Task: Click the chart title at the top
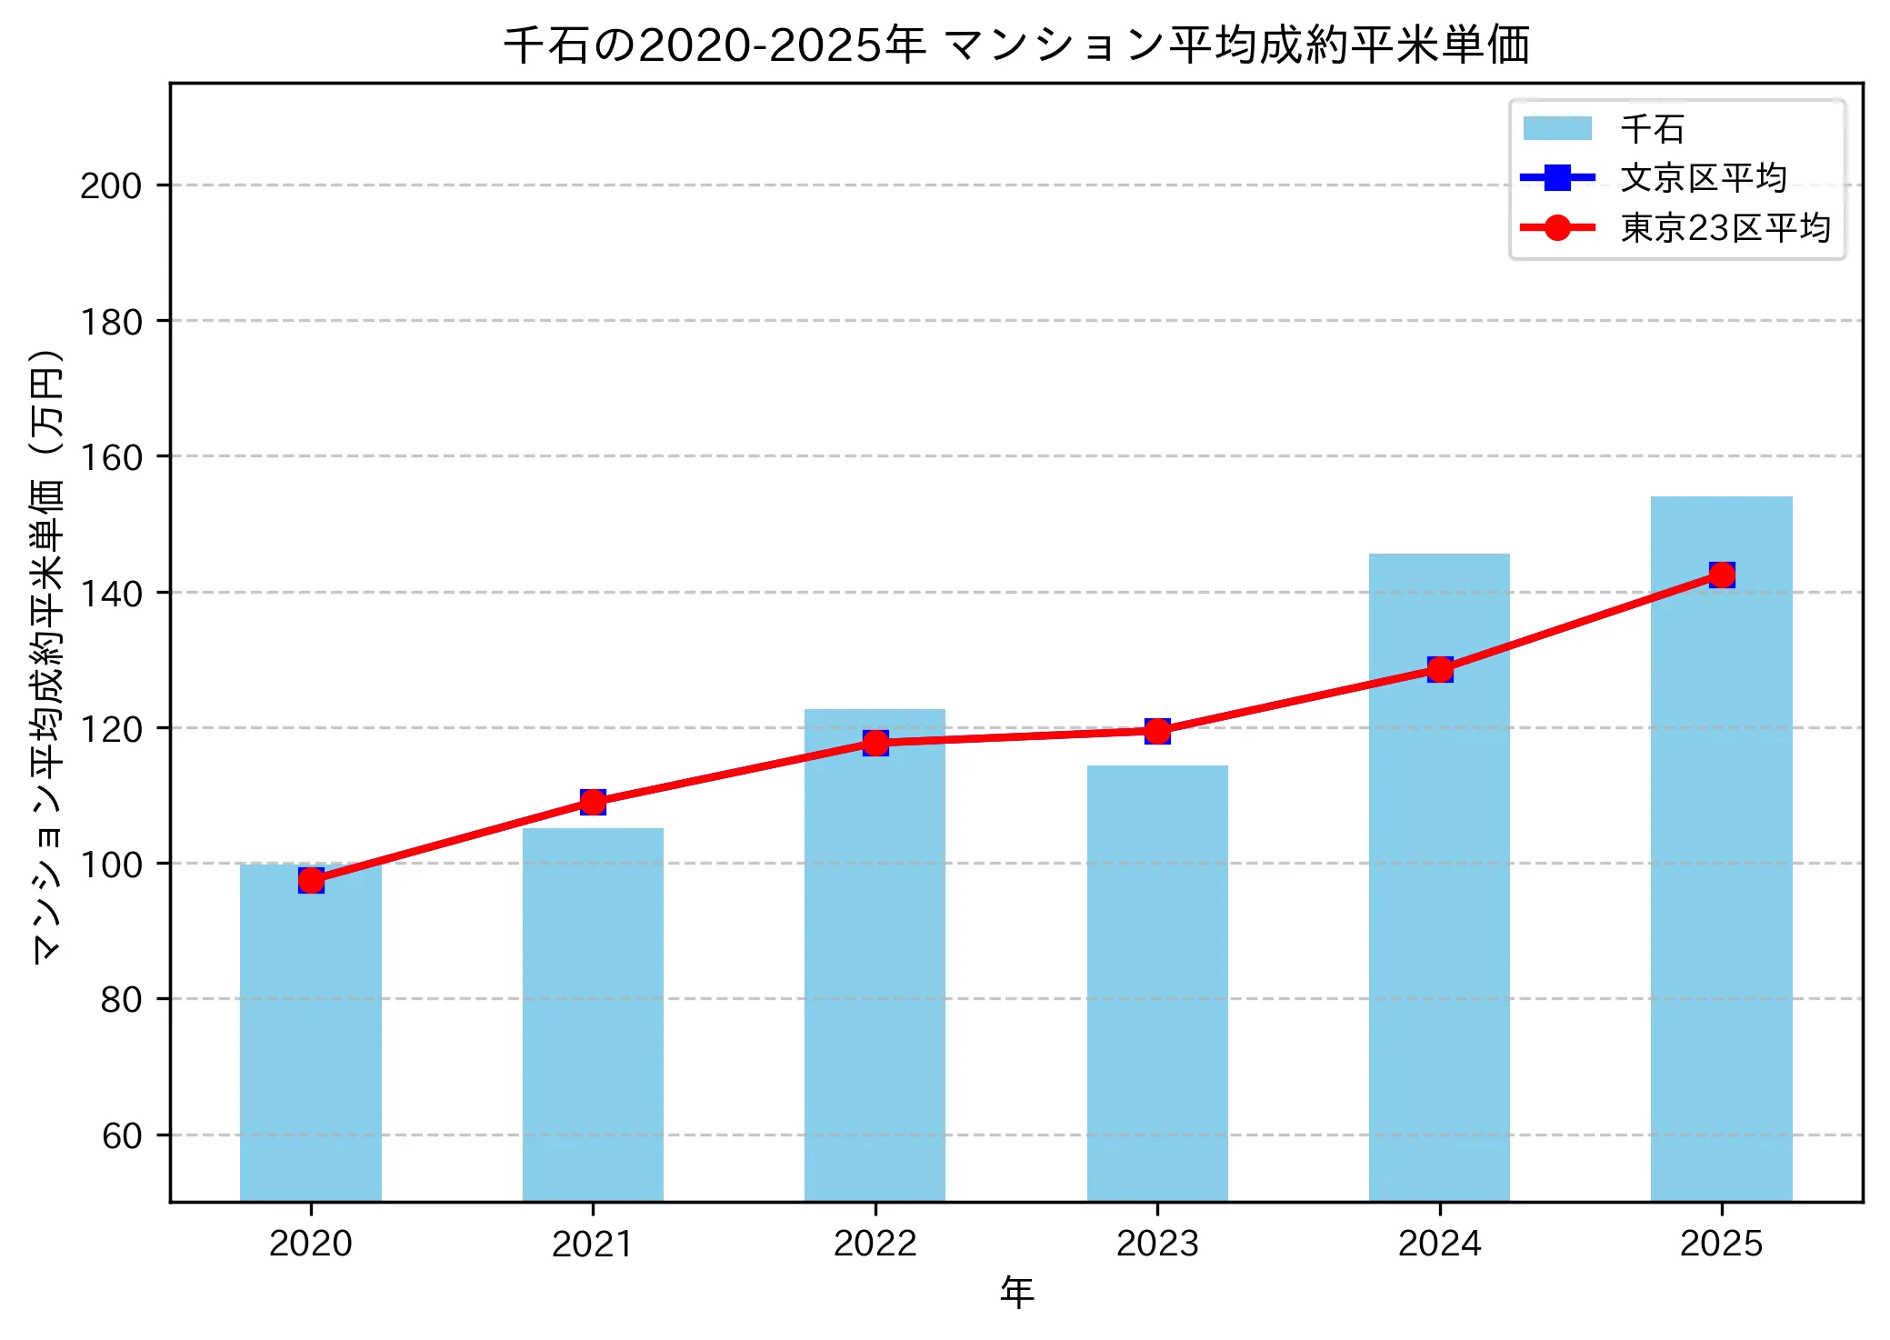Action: (1016, 45)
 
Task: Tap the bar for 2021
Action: (593, 1018)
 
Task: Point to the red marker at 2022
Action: (875, 743)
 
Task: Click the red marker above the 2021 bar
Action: (593, 802)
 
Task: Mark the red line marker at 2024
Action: (1440, 670)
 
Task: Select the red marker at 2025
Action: (1722, 575)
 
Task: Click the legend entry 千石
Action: (1652, 129)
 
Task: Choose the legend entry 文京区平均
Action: (1704, 178)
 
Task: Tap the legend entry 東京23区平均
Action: (1725, 228)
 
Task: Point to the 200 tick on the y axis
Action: (111, 186)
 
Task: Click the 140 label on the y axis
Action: (111, 594)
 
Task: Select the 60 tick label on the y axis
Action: (122, 1136)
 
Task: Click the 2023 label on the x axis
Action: (1157, 1244)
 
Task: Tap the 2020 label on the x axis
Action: (311, 1244)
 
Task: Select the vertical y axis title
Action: (47, 655)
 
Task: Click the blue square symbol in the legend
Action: (1557, 178)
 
